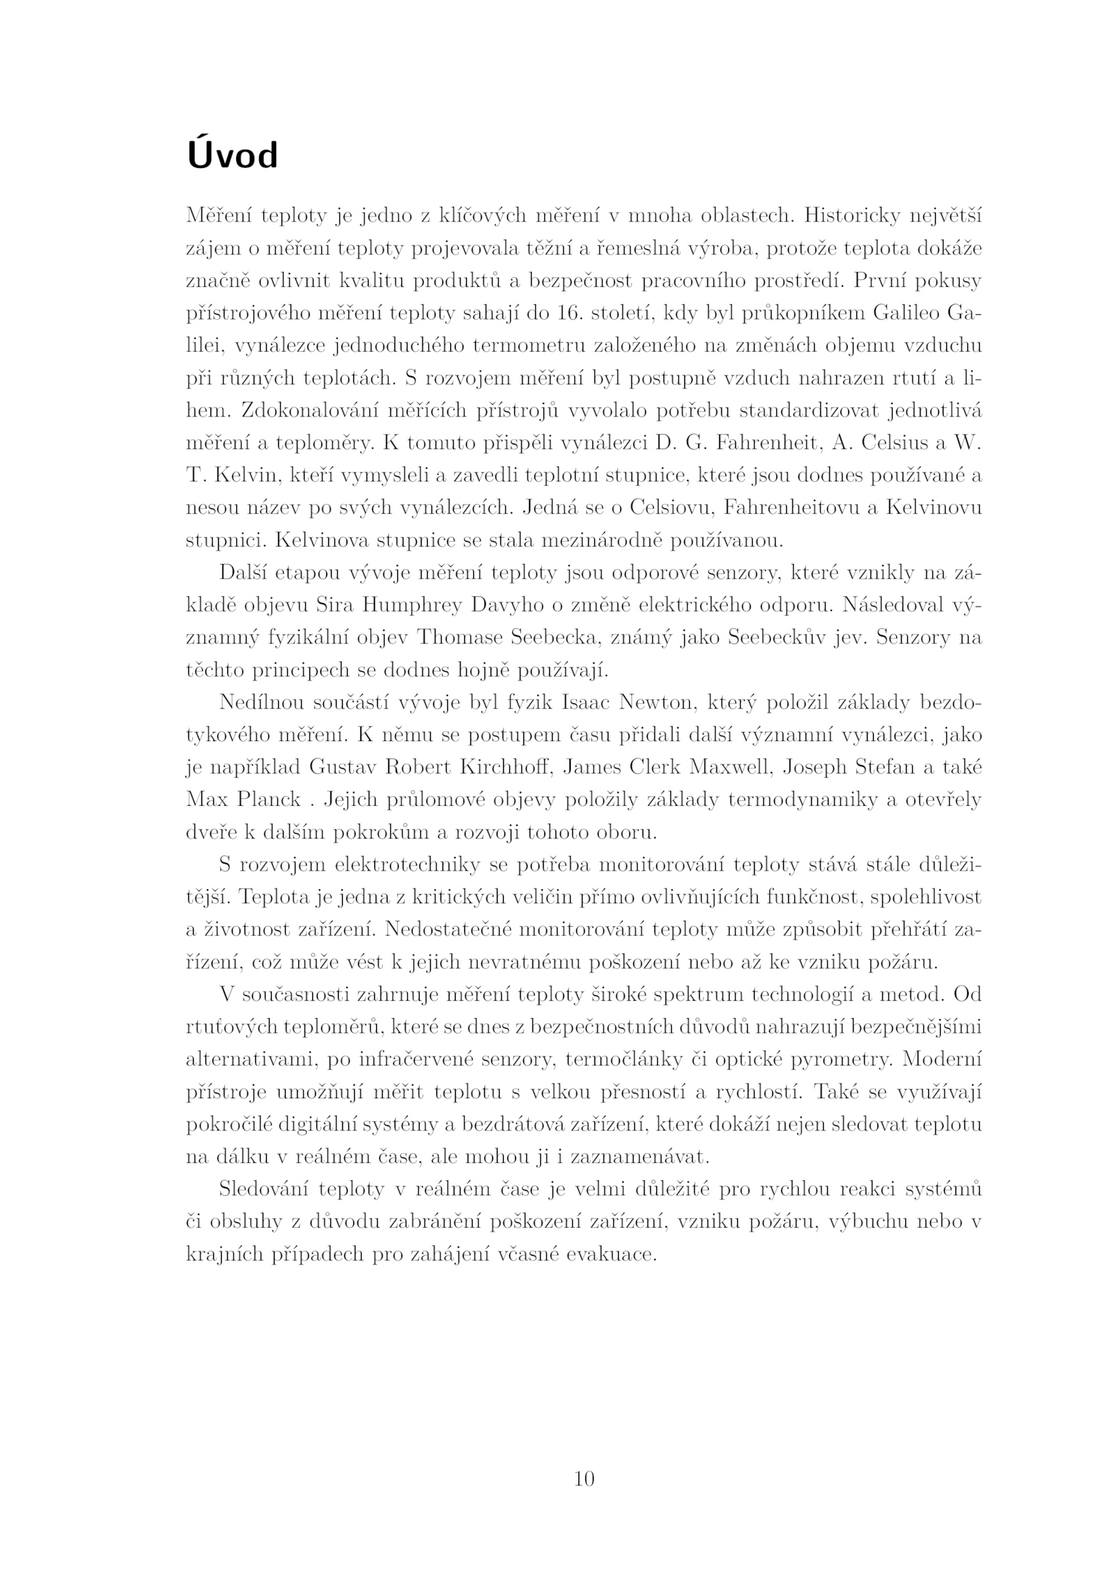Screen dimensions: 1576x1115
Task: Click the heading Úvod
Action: tap(232, 156)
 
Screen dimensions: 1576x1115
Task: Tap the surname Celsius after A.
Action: tap(847, 443)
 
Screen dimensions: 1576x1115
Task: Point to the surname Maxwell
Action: tap(731, 767)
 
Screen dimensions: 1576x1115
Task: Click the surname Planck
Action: tap(269, 799)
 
